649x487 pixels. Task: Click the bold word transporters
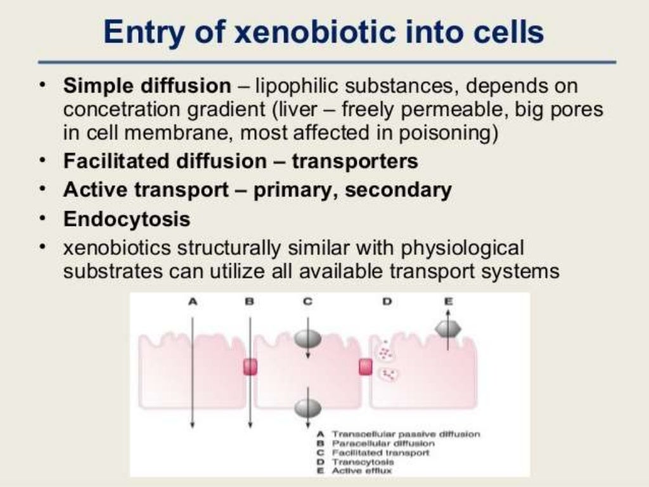pos(354,161)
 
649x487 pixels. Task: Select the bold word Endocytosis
pos(127,219)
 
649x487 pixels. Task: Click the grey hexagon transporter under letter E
pos(448,328)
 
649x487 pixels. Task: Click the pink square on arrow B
pos(250,367)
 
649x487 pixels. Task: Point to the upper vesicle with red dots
pos(385,350)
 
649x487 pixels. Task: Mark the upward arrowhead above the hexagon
pos(448,312)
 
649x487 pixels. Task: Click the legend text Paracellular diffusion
pos(371,443)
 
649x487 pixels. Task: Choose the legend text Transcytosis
pos(358,462)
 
